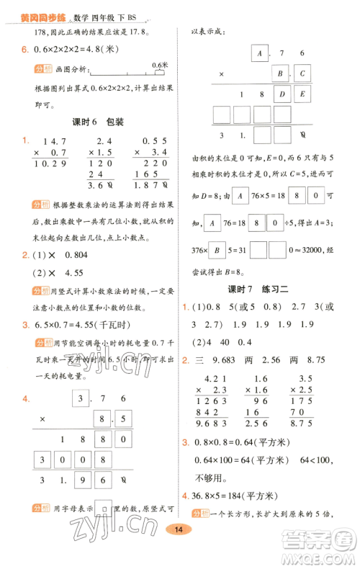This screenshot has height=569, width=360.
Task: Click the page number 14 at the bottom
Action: pyautogui.click(x=176, y=550)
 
